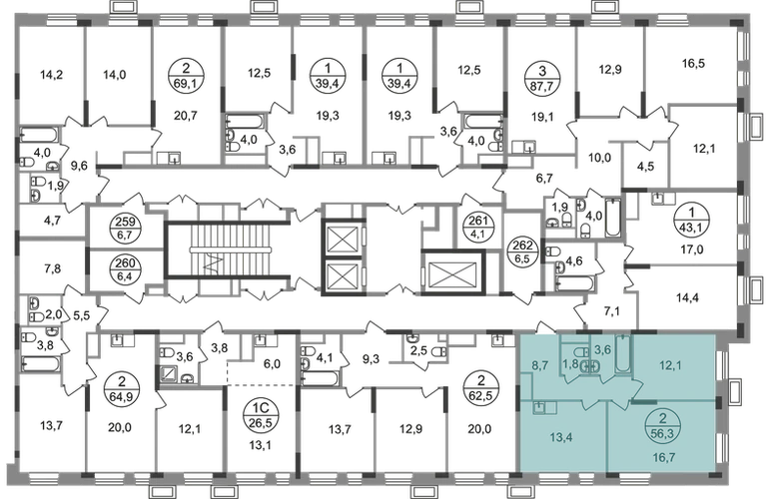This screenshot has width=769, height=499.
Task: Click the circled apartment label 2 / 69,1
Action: [x=186, y=76]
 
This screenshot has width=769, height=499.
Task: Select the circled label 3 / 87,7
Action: [x=542, y=76]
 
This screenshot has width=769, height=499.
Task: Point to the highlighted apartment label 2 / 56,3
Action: [x=663, y=424]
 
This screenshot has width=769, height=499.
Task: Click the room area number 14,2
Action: [x=52, y=75]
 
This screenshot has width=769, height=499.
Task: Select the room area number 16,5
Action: [x=693, y=63]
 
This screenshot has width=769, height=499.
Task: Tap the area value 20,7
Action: [x=186, y=116]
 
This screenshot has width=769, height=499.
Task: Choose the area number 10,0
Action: [x=599, y=158]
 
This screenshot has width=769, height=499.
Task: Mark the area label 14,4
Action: [x=687, y=297]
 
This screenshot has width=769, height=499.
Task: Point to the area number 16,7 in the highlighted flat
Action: [x=664, y=457]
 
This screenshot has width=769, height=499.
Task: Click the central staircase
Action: [x=230, y=249]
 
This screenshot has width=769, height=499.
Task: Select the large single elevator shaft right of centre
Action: [x=452, y=271]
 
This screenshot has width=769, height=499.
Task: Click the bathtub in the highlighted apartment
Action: [x=623, y=354]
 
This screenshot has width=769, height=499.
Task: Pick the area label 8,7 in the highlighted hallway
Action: [x=540, y=364]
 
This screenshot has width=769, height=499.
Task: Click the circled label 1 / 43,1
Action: [x=691, y=218]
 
